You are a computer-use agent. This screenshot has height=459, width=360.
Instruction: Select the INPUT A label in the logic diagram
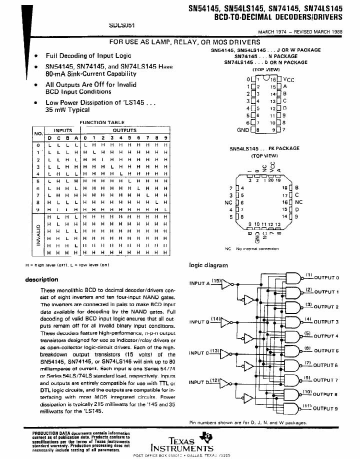coord(199,283)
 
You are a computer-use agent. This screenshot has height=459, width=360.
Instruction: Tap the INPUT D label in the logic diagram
coord(199,382)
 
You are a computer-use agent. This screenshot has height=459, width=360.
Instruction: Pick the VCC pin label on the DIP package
coord(288,79)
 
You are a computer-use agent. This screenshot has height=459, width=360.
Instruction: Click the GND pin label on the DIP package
coord(243,130)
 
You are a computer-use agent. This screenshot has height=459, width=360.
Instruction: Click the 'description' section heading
coord(41,279)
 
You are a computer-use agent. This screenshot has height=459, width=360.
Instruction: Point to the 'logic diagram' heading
coord(208,265)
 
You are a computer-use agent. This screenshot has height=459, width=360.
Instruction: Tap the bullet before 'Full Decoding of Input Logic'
coord(35,56)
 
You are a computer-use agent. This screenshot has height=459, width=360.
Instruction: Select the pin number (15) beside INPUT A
coord(216,281)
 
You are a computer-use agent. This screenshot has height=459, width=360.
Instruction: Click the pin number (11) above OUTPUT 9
coord(308,405)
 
